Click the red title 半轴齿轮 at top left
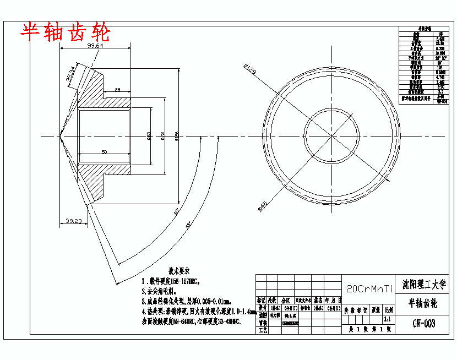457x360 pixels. pos(66,32)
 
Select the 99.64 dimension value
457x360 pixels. pos(95,46)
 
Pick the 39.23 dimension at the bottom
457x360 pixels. pos(73,220)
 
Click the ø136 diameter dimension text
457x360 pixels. pos(177,135)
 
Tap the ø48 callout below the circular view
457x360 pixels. pos(263,205)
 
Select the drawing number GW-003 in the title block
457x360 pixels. pos(424,324)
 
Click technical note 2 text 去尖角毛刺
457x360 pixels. pos(160,291)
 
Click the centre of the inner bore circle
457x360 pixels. pos(331,135)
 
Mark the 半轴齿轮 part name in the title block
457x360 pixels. pos(423,303)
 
